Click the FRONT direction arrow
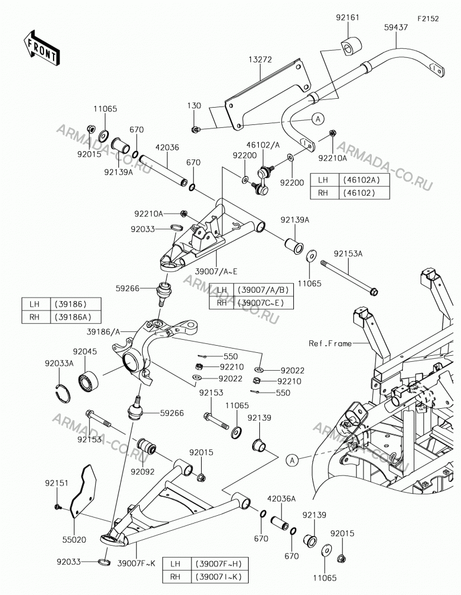(x=40, y=48)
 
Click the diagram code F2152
(x=428, y=18)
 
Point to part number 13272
(x=261, y=59)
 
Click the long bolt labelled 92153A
(x=349, y=277)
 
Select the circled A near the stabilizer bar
(x=318, y=119)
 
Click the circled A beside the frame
(x=292, y=461)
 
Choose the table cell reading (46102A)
(x=361, y=180)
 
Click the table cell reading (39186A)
(x=75, y=317)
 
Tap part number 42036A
(x=281, y=499)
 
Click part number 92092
(x=143, y=472)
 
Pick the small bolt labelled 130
(x=196, y=130)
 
